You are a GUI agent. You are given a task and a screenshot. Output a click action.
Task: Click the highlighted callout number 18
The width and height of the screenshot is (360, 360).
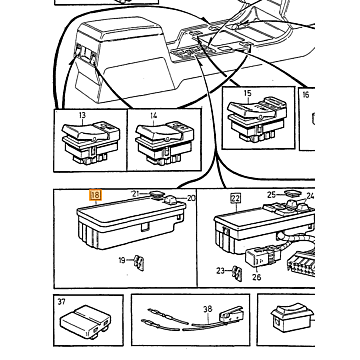[95, 195]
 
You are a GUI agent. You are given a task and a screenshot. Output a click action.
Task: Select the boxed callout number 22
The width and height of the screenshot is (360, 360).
[235, 199]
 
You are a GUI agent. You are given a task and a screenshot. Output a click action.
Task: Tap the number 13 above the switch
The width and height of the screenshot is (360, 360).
[82, 115]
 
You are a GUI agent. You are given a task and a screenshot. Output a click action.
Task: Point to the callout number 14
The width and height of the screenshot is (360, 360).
[153, 116]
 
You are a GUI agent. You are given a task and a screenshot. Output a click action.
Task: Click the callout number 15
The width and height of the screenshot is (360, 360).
[247, 93]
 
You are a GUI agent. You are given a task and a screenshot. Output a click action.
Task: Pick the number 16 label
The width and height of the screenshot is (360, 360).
[306, 95]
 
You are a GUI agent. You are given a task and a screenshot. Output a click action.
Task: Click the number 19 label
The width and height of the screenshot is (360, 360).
[122, 260]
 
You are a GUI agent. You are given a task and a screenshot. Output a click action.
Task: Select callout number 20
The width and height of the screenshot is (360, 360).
[191, 198]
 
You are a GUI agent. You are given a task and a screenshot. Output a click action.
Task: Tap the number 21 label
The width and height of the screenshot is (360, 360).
[135, 194]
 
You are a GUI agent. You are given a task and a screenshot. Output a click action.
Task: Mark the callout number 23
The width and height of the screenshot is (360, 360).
[220, 271]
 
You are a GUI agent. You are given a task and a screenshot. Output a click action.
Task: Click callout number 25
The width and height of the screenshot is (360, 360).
[271, 194]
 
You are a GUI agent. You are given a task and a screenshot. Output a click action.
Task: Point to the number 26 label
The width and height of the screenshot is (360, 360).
[257, 277]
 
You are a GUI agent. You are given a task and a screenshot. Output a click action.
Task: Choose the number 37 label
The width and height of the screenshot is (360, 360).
[61, 302]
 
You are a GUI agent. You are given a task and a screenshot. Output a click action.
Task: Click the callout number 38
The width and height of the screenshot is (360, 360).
[208, 309]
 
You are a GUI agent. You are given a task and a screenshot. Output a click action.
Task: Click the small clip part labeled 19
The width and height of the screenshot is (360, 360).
[139, 263]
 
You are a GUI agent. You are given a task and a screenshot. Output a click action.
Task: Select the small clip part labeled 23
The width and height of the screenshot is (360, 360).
[237, 273]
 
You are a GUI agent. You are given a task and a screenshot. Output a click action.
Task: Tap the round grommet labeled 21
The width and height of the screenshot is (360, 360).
[156, 194]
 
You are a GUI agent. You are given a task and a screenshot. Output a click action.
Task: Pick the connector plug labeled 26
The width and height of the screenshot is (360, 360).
[257, 258]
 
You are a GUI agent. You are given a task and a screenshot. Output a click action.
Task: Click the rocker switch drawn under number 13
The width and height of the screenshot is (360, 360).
[90, 142]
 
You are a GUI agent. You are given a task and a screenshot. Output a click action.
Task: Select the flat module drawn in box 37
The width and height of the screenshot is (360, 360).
[85, 322]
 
